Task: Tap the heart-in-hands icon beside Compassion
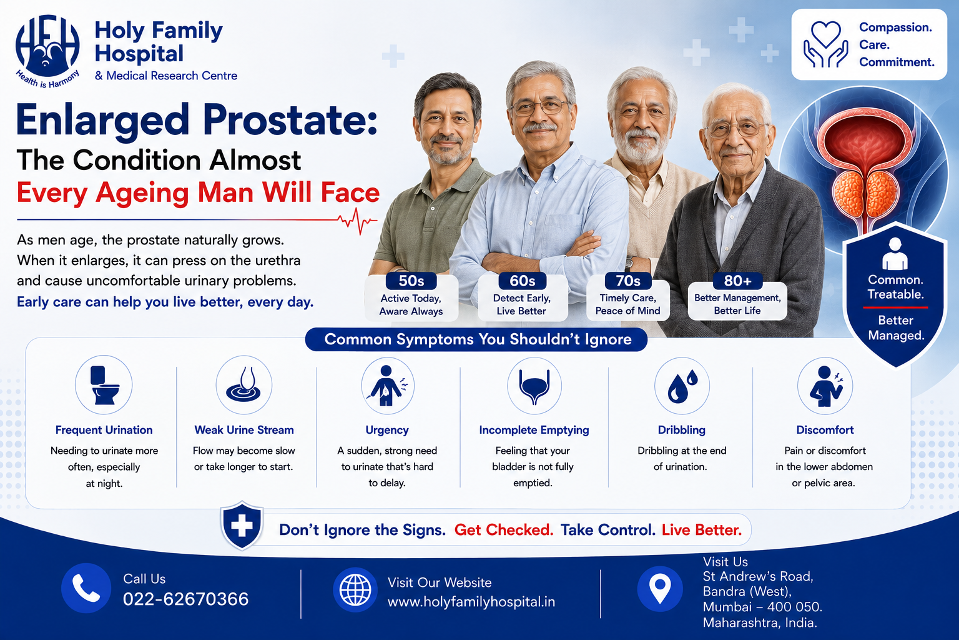tap(826, 44)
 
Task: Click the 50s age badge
tap(411, 281)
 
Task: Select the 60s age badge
tap(523, 281)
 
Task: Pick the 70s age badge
tap(628, 281)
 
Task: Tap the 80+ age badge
tap(737, 281)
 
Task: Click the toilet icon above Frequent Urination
tap(104, 384)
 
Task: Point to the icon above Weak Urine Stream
tap(243, 384)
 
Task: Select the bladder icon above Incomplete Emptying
tap(534, 386)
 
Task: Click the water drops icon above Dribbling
tap(682, 386)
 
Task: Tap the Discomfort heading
tap(825, 430)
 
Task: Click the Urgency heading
tap(387, 430)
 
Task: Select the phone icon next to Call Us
tap(86, 587)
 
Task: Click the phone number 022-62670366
tap(185, 599)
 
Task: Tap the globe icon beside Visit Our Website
tap(355, 589)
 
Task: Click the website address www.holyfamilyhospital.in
tap(471, 602)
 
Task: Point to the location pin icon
tap(660, 589)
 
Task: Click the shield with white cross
tap(242, 526)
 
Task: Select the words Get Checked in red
tap(503, 530)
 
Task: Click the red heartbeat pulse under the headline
tap(358, 221)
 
